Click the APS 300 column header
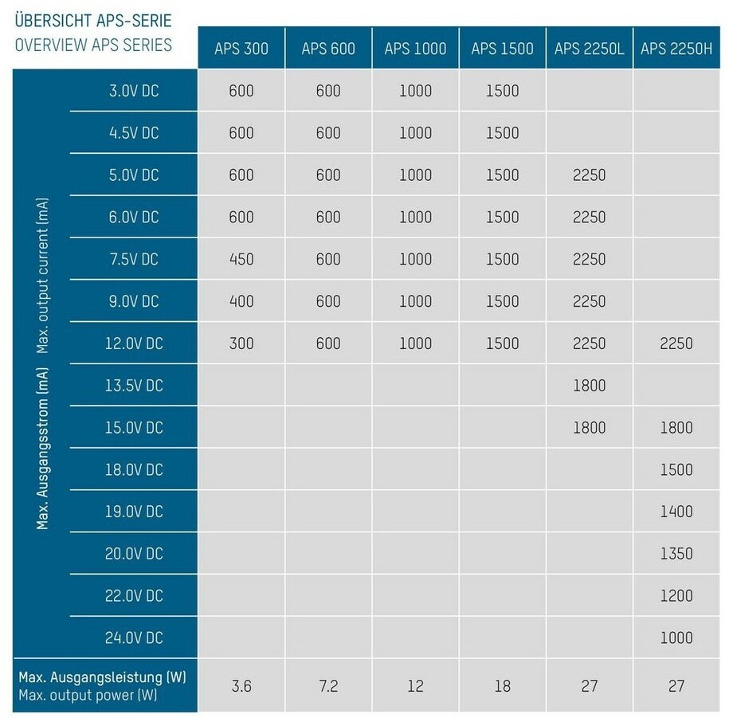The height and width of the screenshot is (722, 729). [x=241, y=49]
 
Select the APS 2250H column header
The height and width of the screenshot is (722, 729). [x=676, y=49]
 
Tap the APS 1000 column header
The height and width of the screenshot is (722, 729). [x=415, y=49]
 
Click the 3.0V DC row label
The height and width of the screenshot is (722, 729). [x=134, y=91]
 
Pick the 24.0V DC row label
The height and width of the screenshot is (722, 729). [x=134, y=638]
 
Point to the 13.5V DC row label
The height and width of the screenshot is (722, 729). [x=134, y=386]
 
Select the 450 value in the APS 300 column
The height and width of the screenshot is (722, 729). [x=241, y=259]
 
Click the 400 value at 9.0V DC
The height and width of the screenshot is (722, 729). [x=241, y=301]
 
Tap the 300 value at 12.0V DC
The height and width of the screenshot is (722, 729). [x=241, y=343]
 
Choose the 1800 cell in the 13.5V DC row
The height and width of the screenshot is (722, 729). [x=589, y=386]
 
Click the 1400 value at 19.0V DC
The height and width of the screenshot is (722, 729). [x=676, y=512]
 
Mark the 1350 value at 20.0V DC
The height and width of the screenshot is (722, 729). [x=676, y=554]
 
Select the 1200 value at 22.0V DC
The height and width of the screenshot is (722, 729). [x=676, y=596]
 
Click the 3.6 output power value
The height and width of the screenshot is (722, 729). [x=241, y=685]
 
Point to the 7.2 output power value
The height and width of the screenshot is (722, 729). [x=328, y=685]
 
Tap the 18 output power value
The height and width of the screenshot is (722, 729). [x=502, y=685]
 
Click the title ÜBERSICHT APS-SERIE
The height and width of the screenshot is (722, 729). [x=92, y=18]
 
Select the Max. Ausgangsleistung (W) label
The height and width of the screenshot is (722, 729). [x=102, y=677]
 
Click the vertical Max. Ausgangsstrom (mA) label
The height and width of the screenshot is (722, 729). [x=43, y=447]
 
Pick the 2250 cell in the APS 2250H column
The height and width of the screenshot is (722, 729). [x=676, y=343]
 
